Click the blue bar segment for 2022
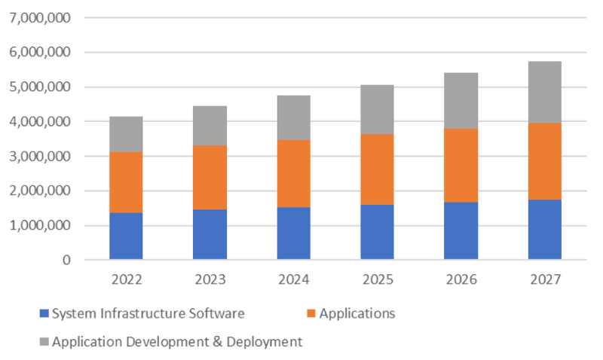[x=126, y=236]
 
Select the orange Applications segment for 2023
[x=210, y=177]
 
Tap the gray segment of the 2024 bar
[x=293, y=117]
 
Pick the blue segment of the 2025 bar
[x=377, y=232]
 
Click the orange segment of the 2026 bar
[x=461, y=165]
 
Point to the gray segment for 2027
[x=544, y=92]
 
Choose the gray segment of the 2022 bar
[x=126, y=134]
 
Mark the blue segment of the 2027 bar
[x=544, y=229]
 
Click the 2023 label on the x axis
[x=210, y=279]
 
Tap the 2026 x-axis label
[x=461, y=279]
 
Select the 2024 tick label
[x=293, y=279]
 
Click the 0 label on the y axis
[x=66, y=260]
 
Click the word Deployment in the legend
[x=265, y=342]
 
